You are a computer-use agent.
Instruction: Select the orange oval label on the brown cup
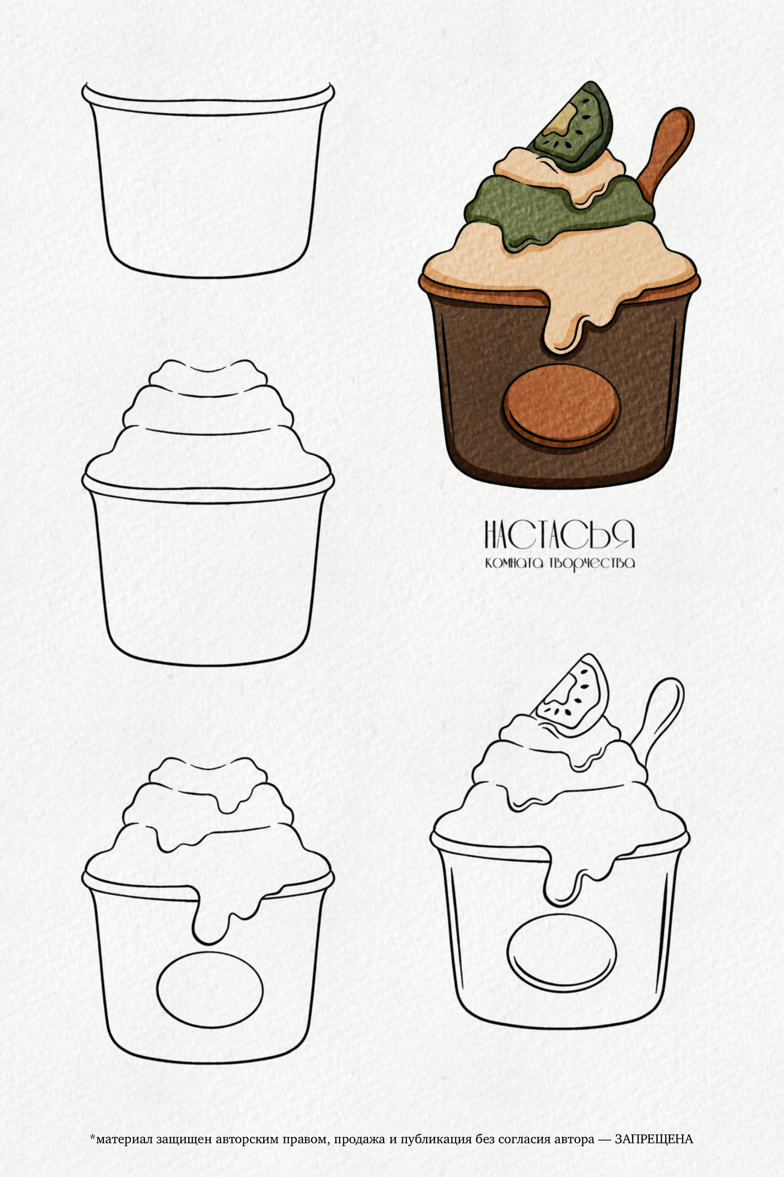pos(561,405)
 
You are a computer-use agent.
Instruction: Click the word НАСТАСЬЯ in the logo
pos(559,534)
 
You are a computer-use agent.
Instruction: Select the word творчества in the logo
pos(592,563)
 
